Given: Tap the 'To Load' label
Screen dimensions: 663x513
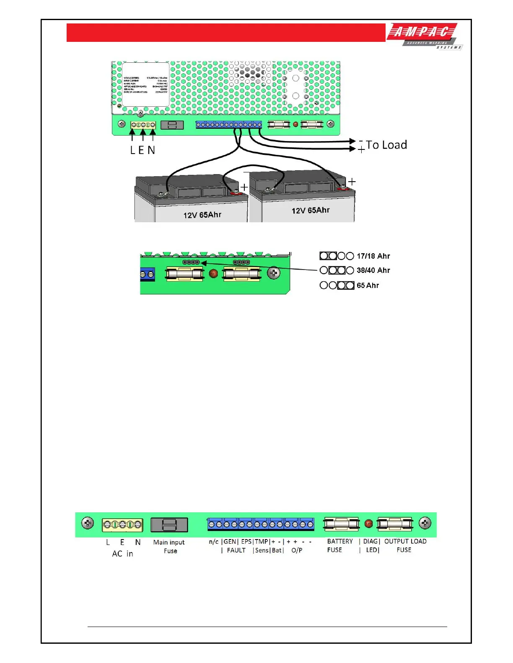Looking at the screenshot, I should pos(386,145).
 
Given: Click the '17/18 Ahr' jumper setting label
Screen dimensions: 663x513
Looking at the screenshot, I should pos(373,256).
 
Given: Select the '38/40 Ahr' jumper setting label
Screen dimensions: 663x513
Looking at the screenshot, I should pos(373,270).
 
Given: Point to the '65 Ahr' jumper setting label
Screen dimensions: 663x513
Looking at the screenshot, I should pos(368,285).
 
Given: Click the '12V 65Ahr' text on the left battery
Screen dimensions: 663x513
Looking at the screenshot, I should pos(202,215).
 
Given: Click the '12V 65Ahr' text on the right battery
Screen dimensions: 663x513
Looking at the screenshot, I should pos(311,210).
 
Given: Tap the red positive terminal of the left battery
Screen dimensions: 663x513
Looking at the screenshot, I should pos(235,193).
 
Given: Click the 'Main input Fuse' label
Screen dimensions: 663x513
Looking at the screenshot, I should pos(169,546).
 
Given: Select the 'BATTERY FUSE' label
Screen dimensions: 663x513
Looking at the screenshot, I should pos(339,545).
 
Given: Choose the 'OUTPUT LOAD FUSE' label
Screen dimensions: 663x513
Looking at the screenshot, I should pos(405,545).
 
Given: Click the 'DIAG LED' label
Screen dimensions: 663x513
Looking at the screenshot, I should pos(371,545).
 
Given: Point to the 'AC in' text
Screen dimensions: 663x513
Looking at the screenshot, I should pos(122,554).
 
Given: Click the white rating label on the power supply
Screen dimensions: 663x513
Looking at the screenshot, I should pos(145,85).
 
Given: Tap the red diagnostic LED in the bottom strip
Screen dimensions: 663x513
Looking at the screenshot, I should pos(368,524).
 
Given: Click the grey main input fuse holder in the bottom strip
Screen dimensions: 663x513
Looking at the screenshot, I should pos(169,525).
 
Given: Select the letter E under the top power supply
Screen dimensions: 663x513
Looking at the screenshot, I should pos(141,150).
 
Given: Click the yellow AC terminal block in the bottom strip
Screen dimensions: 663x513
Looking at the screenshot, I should pos(122,524).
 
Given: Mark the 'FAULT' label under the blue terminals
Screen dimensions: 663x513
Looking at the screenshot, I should pos(236,550).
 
